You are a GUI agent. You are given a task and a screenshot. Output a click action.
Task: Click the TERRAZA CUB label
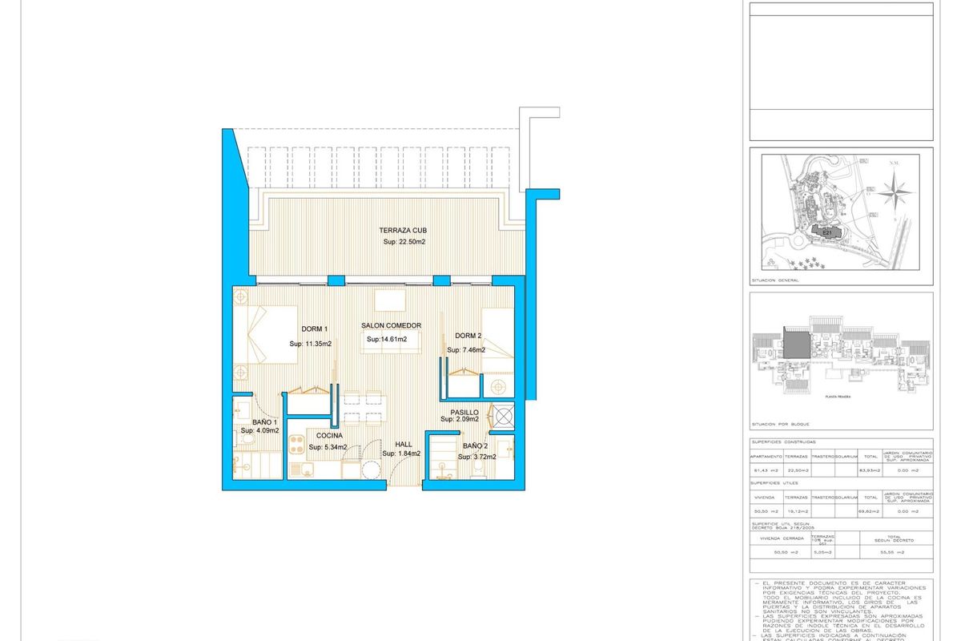pos(404,230)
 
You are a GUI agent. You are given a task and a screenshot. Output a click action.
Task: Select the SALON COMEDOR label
pos(391,325)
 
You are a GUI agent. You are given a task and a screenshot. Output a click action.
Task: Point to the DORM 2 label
pos(468,336)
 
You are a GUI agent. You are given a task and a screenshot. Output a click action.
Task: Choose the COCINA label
pos(329,436)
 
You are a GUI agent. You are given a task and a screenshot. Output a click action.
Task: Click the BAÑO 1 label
pos(264,421)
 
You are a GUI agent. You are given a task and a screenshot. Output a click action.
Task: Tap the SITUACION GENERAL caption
pos(774,281)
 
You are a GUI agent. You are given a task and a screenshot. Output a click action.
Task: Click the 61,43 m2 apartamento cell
pos(765,470)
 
